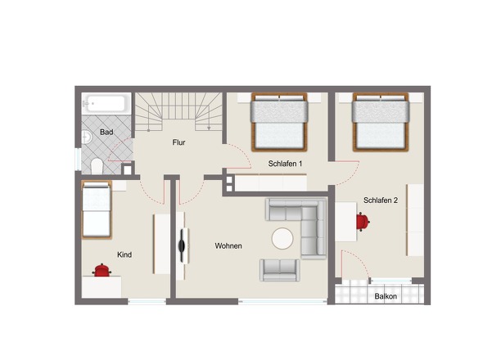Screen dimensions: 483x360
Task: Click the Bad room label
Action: (x=106, y=133)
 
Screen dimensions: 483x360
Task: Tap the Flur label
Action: (x=179, y=142)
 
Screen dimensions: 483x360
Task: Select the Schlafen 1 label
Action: (x=285, y=164)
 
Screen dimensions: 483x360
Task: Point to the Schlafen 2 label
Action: (x=381, y=200)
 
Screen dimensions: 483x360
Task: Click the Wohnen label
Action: (x=228, y=245)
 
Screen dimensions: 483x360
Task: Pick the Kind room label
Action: (x=124, y=254)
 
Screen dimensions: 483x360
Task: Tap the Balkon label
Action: (x=386, y=296)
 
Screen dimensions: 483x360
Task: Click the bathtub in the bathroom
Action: (x=106, y=104)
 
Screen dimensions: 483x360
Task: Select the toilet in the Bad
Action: (x=97, y=166)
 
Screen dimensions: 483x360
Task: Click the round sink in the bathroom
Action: (x=87, y=137)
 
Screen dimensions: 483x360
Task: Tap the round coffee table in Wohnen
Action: (x=282, y=239)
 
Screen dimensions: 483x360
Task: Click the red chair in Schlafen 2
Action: (x=363, y=222)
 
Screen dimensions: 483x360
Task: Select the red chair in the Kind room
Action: (x=102, y=270)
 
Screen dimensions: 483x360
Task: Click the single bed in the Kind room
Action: (x=97, y=210)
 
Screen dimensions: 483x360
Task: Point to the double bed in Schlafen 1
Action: (x=279, y=122)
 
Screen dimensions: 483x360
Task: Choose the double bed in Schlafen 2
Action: (x=381, y=122)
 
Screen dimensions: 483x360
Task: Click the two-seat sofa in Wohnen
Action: (x=280, y=270)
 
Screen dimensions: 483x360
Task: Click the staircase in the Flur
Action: (x=179, y=111)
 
